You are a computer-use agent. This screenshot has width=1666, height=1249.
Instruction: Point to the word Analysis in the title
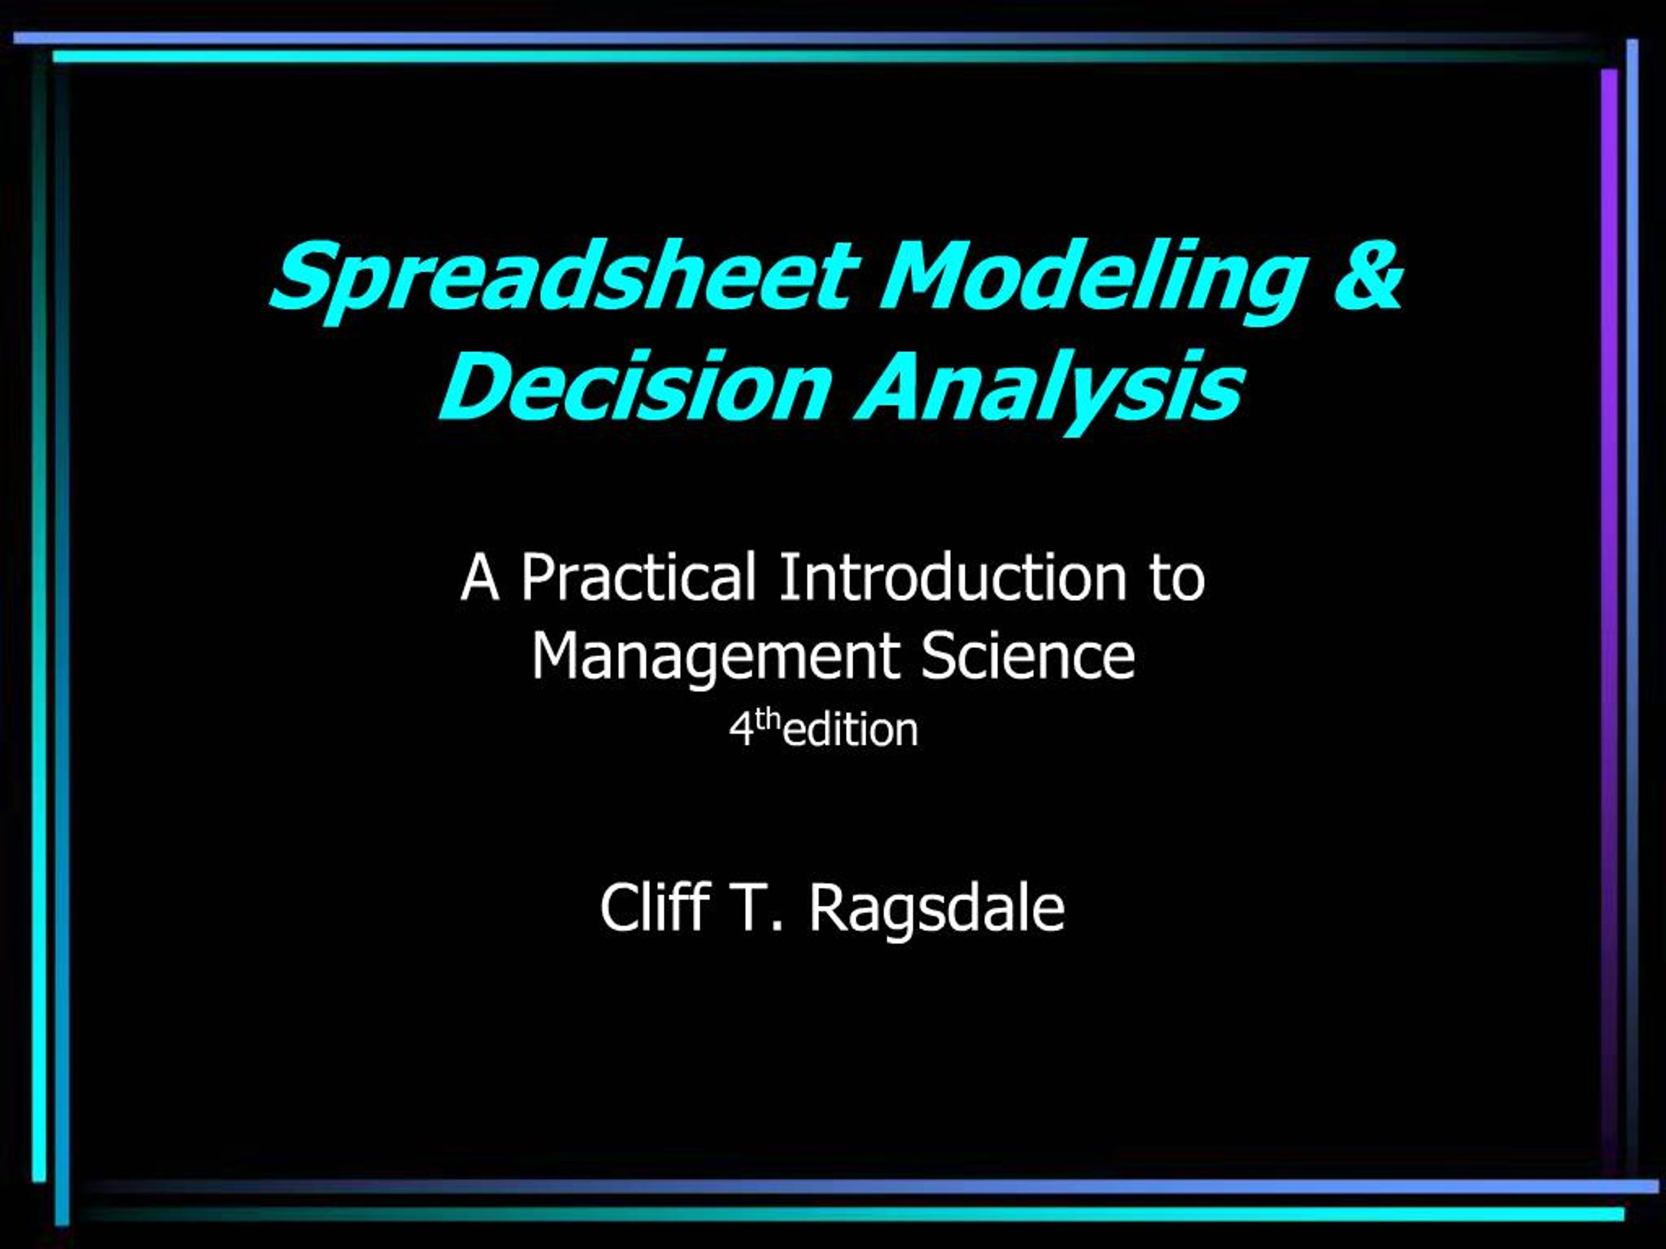(1048, 392)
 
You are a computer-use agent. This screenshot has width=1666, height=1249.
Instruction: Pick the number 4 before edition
(741, 731)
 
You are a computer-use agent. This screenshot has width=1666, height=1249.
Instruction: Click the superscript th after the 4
(768, 721)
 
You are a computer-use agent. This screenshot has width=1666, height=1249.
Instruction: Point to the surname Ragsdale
(937, 911)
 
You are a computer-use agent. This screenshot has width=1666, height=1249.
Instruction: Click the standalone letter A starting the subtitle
(480, 578)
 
